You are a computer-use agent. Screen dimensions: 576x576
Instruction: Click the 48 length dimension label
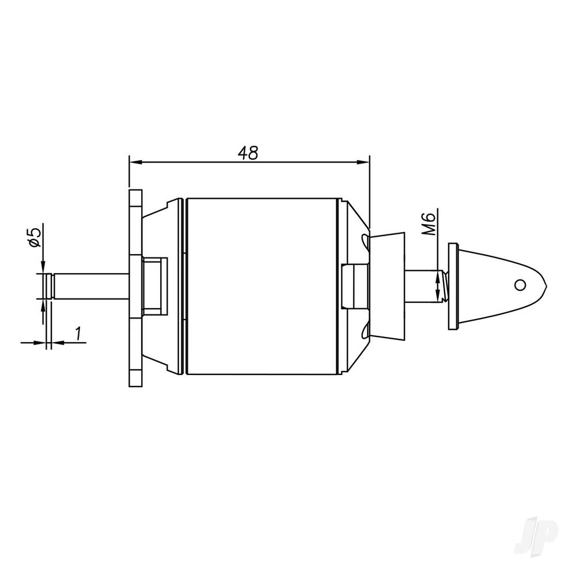(248, 152)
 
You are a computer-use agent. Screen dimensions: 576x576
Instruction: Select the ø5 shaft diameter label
(34, 237)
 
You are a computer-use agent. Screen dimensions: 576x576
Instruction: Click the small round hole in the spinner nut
(520, 285)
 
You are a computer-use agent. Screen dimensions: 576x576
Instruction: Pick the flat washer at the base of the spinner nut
(453, 286)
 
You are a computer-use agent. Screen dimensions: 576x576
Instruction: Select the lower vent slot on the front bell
(364, 333)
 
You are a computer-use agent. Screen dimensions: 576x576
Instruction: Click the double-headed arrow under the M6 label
(441, 285)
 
